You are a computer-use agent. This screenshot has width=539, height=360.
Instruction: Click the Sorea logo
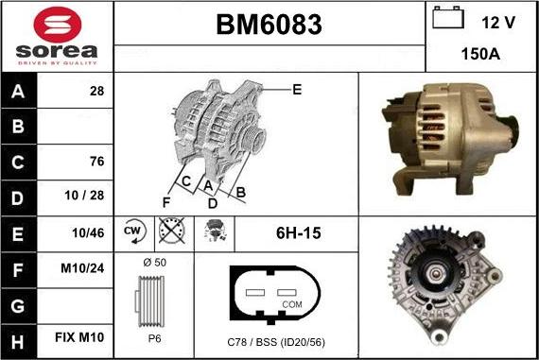(57, 36)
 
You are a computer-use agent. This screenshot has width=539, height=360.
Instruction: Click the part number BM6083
(269, 24)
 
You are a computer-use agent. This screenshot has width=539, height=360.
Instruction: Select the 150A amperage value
(481, 55)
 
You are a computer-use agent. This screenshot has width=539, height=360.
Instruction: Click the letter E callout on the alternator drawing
(296, 90)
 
